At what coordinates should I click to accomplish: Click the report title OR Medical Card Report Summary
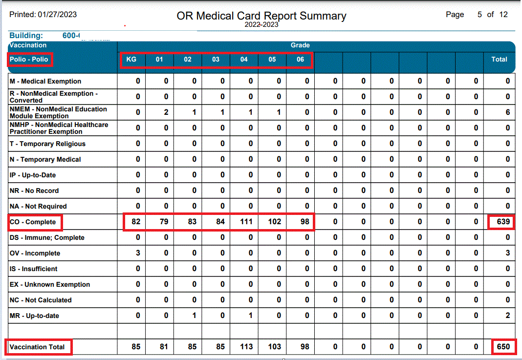[261, 16]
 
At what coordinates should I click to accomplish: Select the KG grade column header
[131, 60]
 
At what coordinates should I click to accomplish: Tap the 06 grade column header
[300, 60]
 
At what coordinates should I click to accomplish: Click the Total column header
[499, 60]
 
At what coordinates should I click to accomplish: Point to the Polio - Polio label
[29, 60]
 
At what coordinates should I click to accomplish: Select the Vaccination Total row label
[37, 347]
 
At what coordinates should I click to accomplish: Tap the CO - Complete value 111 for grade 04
[246, 222]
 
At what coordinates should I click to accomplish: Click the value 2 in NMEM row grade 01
[166, 112]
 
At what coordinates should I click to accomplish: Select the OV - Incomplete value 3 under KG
[138, 253]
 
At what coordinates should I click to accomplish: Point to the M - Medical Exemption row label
[45, 82]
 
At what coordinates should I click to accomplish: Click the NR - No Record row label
[34, 191]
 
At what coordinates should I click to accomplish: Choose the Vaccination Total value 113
[246, 347]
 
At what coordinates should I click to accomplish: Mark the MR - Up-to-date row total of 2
[508, 316]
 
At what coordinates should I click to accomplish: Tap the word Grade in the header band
[300, 45]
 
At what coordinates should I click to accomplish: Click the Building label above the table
[26, 36]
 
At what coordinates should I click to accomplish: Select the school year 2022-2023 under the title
[261, 24]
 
